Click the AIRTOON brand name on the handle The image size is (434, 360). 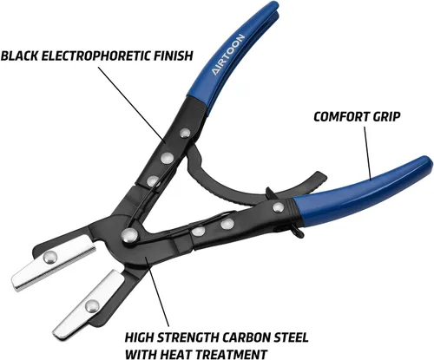coord(228,55)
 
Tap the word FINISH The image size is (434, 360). coord(173,56)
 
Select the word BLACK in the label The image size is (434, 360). coord(20,56)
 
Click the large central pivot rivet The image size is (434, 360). coord(129,235)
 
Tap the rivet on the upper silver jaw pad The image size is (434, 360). coord(50,258)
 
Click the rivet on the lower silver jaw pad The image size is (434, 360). coord(92,305)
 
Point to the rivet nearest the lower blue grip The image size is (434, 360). coord(279,207)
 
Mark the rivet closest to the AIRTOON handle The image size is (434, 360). coord(185,133)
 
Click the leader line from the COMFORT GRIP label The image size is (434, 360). coord(367,153)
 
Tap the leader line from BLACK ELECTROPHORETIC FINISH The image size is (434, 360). coord(132,105)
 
